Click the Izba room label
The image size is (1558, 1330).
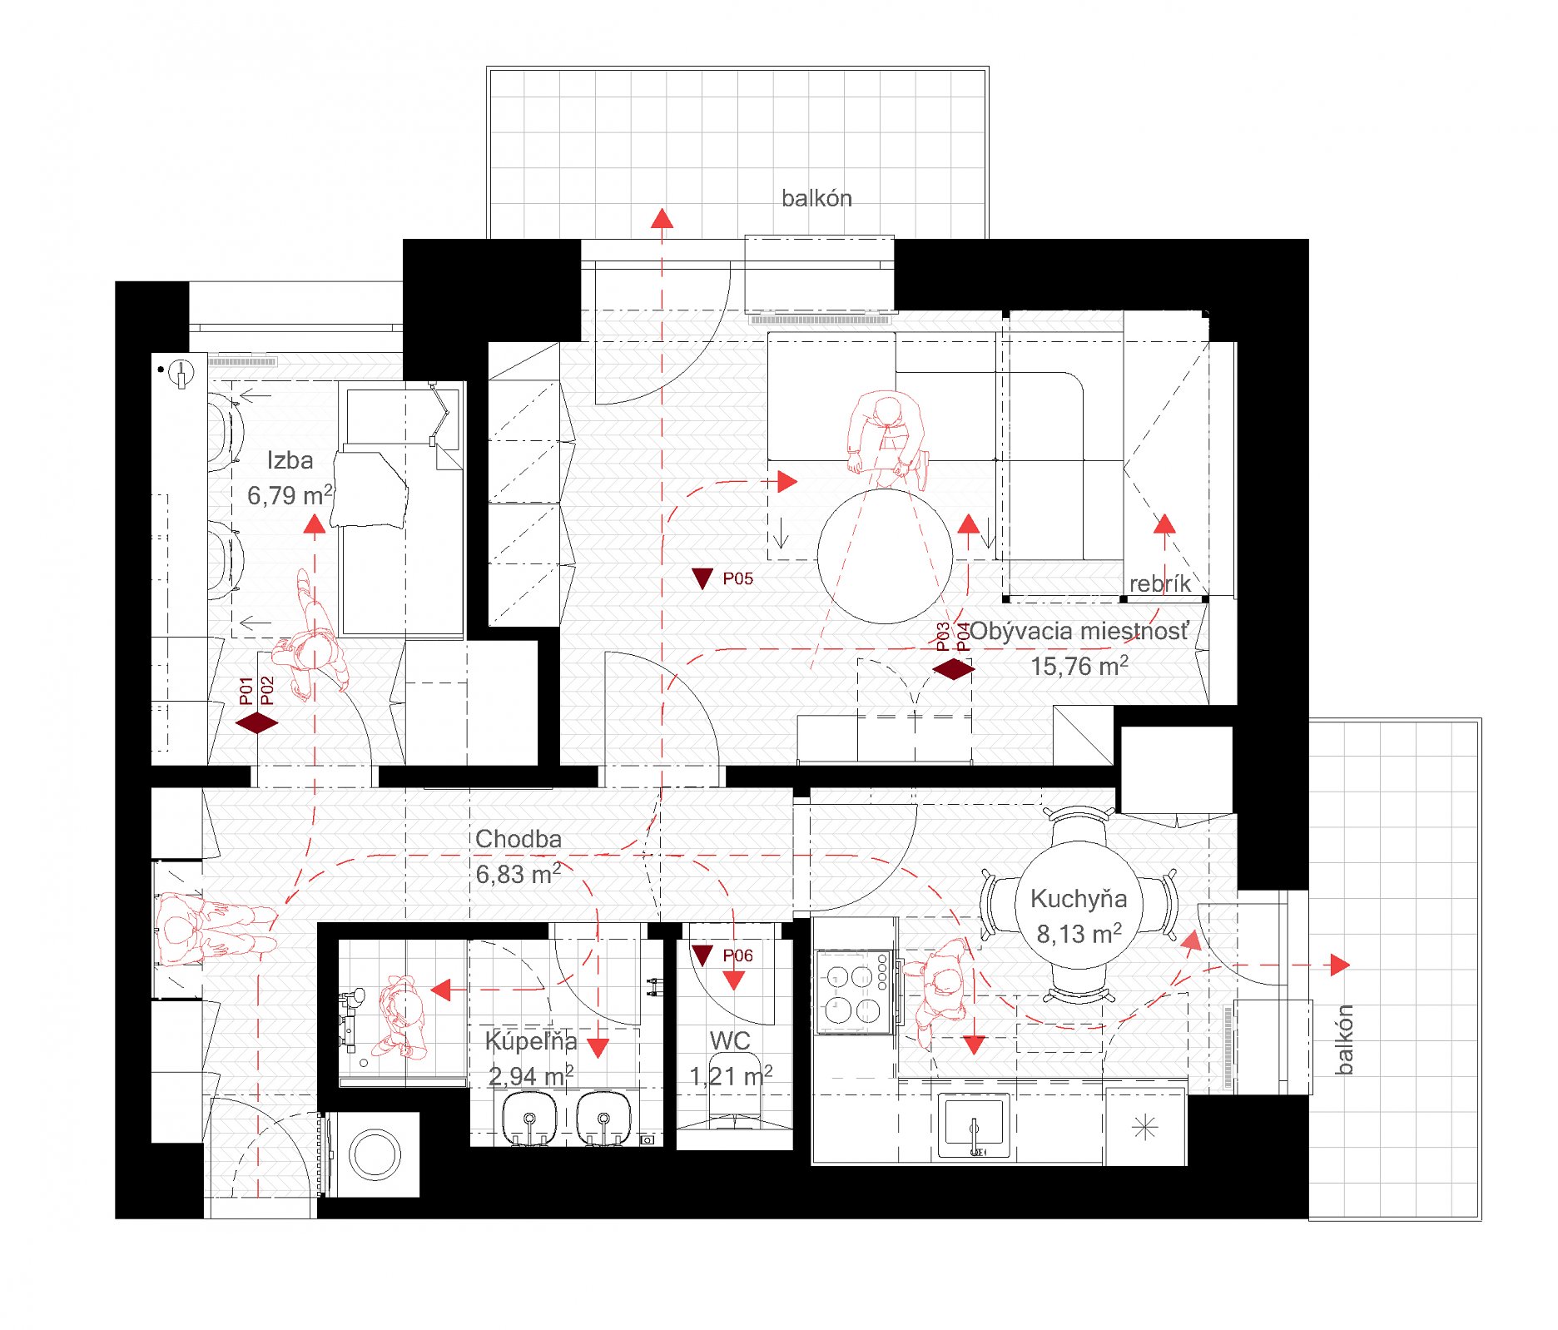(x=290, y=460)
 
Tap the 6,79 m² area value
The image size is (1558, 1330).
(x=290, y=495)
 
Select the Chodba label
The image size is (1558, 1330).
(x=519, y=839)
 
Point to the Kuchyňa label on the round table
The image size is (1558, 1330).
(x=1079, y=899)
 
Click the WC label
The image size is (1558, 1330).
(x=730, y=1040)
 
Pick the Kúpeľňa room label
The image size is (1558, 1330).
(x=531, y=1040)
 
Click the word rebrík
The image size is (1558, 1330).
(x=1160, y=583)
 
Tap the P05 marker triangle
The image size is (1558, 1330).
(x=702, y=578)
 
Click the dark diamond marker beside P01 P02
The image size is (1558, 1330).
(x=257, y=723)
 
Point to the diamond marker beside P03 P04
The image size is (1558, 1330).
(x=954, y=669)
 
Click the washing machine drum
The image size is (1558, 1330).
(x=375, y=1154)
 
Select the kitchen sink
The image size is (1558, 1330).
(x=974, y=1125)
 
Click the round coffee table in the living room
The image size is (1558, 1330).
(x=885, y=556)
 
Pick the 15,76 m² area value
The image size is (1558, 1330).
(x=1079, y=666)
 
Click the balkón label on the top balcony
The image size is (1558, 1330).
(x=816, y=198)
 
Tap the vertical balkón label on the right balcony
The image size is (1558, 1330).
(x=1344, y=1040)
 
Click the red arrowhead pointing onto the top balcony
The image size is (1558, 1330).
(x=662, y=218)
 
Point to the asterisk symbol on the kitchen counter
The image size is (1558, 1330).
(x=1145, y=1129)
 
